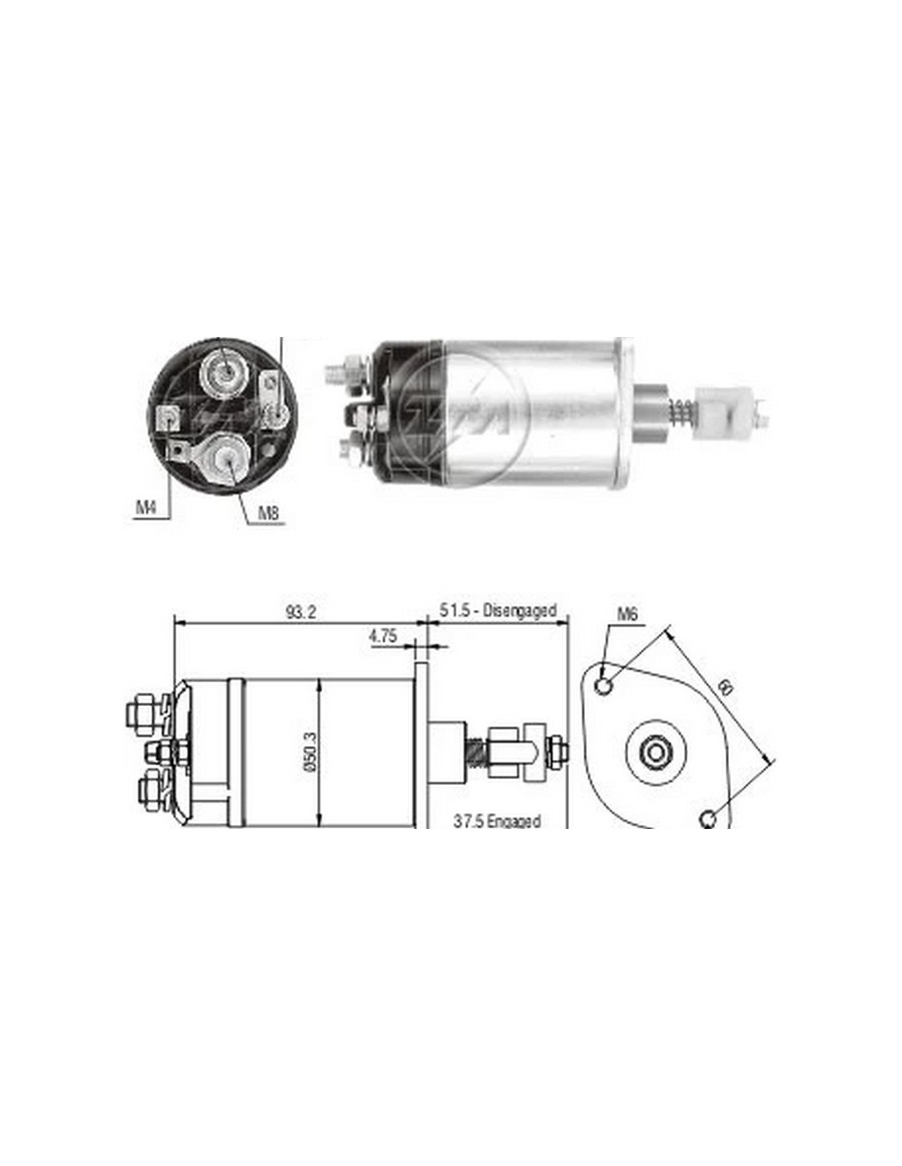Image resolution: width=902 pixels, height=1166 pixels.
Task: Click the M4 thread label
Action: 144,507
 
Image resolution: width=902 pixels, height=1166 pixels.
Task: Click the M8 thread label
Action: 268,512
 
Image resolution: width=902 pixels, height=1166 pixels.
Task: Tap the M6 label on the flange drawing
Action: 625,615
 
